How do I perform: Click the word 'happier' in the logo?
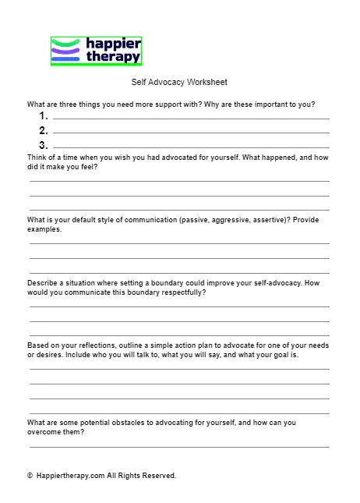tap(114, 43)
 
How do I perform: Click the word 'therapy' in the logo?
tap(114, 56)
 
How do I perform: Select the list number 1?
tap(43, 115)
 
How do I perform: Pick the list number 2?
tap(44, 130)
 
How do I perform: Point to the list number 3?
tap(44, 145)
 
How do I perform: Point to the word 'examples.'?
tap(44, 229)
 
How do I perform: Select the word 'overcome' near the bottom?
tap(45, 431)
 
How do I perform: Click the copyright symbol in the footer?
tap(30, 475)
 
